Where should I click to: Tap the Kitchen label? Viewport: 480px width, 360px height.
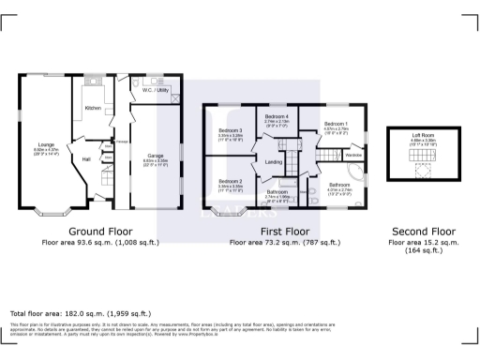pos(93,108)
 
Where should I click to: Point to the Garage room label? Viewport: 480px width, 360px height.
pos(155,156)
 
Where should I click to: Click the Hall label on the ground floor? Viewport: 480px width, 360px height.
pos(86,159)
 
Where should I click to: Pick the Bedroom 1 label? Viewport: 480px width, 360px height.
pos(335,124)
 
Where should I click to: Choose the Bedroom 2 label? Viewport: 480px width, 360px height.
pos(231,180)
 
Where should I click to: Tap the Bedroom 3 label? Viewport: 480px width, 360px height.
pos(231,130)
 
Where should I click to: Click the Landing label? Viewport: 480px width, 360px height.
pos(274,162)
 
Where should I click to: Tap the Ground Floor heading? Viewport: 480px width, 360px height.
pos(98,231)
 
